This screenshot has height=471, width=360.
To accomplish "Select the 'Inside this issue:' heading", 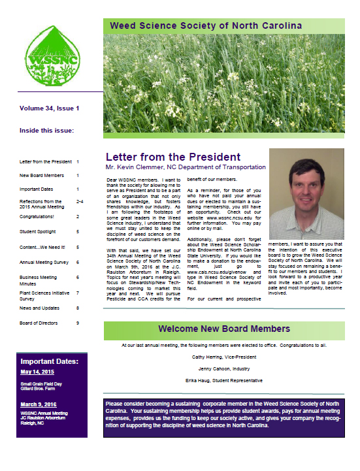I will (x=47, y=130).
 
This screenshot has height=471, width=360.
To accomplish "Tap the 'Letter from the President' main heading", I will (x=173, y=157).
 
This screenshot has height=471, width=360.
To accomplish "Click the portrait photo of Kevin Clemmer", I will (x=306, y=194).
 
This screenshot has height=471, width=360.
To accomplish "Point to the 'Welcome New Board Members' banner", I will (x=225, y=329).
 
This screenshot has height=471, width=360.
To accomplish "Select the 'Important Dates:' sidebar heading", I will (x=49, y=361).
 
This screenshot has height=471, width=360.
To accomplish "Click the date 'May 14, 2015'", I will (x=38, y=372).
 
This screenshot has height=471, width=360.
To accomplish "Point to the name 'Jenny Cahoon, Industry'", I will (x=224, y=368).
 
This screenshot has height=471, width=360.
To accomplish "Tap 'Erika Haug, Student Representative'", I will (x=224, y=380).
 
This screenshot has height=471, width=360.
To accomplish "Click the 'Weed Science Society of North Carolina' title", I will (x=206, y=25).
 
